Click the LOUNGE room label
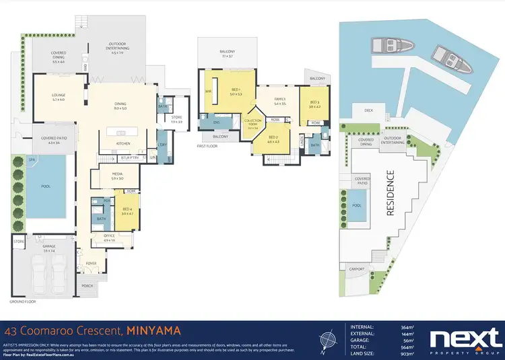[x=57, y=95]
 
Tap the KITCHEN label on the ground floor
[x=123, y=143]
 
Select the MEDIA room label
[x=116, y=174]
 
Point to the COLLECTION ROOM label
[x=252, y=122]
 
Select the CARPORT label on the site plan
[x=357, y=268]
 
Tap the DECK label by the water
[x=368, y=110]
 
